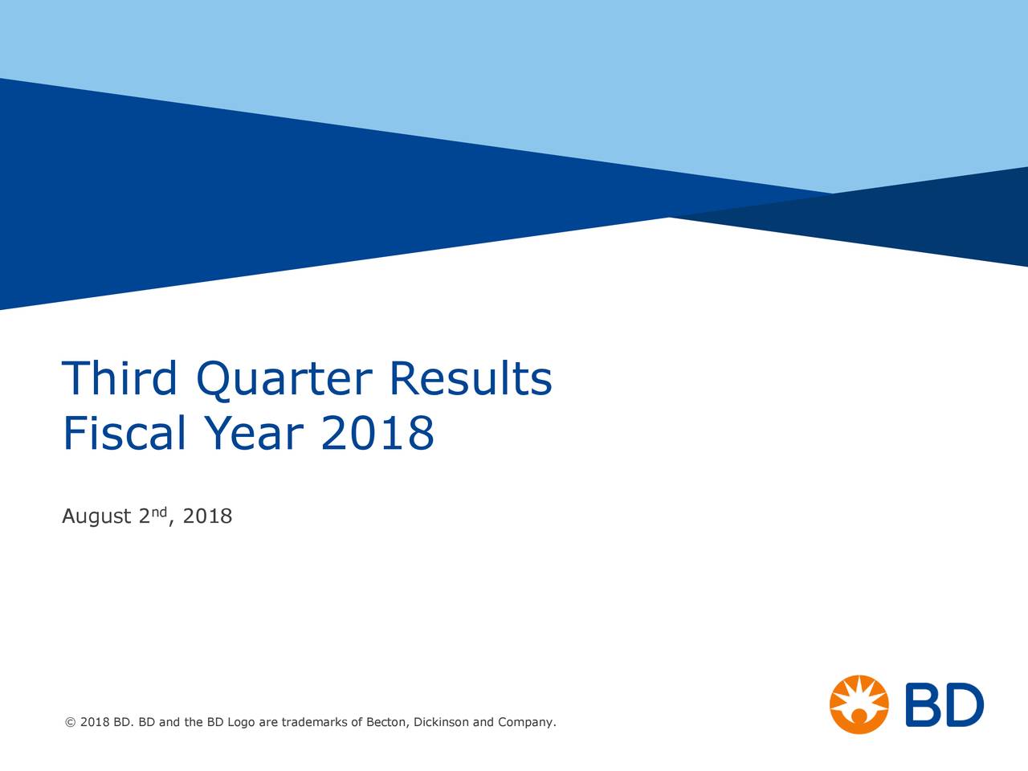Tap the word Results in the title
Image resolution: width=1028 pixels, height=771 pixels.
tap(471, 379)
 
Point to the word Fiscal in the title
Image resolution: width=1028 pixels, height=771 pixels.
tap(124, 434)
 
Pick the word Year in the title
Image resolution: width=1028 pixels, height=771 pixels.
tap(254, 434)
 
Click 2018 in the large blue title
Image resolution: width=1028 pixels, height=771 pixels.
tap(377, 434)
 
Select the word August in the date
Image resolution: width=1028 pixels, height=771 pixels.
tap(96, 516)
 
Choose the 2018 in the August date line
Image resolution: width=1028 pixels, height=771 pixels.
tap(207, 516)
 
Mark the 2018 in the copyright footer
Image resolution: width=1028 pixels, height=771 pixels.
tap(95, 723)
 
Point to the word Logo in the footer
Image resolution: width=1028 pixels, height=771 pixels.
tap(241, 723)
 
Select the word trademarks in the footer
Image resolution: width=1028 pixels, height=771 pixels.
tap(315, 723)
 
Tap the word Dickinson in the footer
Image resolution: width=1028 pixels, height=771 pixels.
tap(441, 723)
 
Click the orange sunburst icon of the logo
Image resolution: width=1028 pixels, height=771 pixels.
tap(859, 704)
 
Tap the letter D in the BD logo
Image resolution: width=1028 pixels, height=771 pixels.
tap(963, 705)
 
